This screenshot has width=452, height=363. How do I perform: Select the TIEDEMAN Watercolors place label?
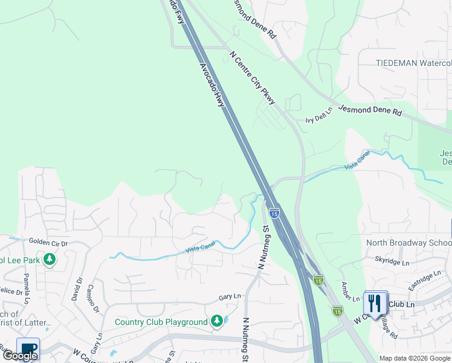413,63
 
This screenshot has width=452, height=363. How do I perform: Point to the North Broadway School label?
408,243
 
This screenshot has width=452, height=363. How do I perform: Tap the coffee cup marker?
28,349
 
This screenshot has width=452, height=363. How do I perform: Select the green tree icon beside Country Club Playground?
217,321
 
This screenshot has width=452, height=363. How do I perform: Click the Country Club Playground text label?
161,322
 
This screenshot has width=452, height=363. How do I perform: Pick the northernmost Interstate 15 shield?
274,213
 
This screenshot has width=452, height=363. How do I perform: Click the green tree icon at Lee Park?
49,260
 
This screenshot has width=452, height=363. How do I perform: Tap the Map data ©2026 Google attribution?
415,358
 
